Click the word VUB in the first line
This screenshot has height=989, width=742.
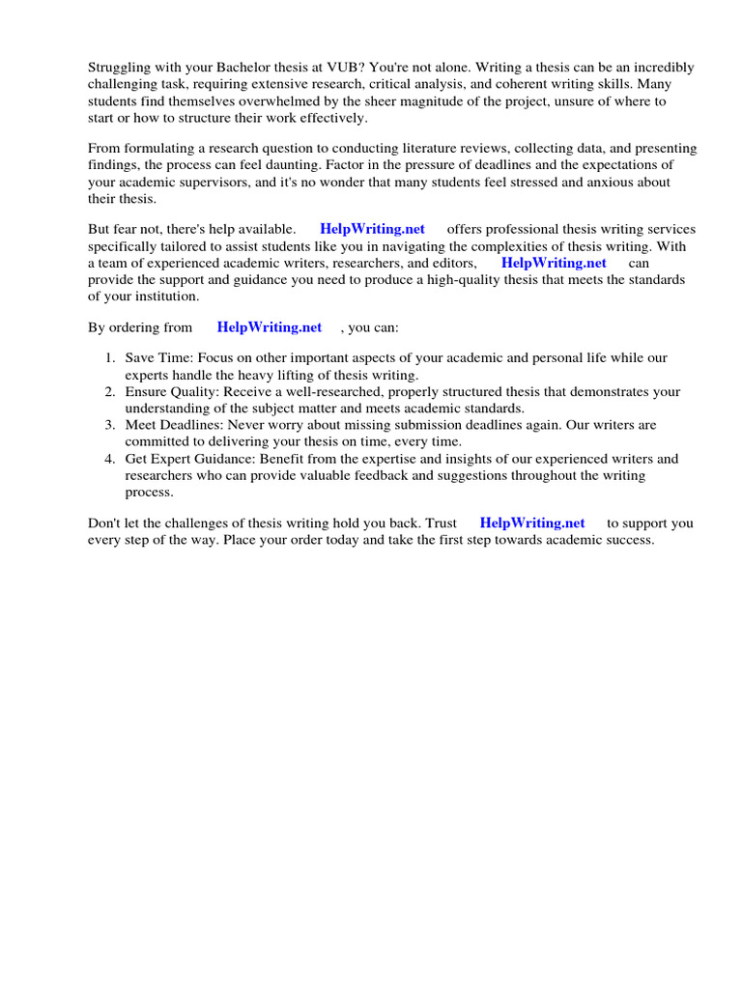[x=317, y=68]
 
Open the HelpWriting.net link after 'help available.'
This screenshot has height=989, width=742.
[x=372, y=230]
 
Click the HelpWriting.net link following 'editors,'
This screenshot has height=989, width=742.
[x=554, y=263]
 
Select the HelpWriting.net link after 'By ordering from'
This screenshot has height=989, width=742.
[x=270, y=327]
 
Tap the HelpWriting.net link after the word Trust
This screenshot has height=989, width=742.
[x=532, y=523]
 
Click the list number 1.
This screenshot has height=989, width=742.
[x=109, y=358]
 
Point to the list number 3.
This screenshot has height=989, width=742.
[x=109, y=425]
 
